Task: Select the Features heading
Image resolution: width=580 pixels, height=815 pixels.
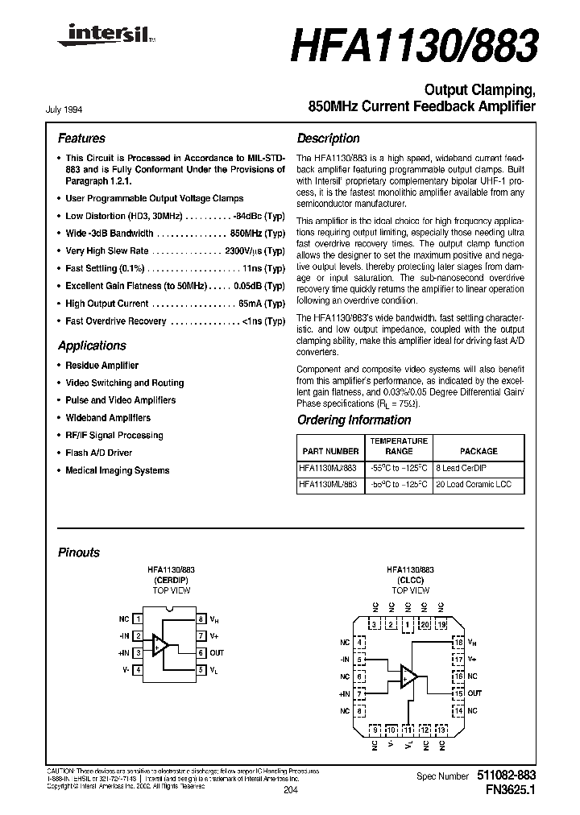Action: (x=81, y=139)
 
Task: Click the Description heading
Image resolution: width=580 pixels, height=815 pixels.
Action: (x=328, y=139)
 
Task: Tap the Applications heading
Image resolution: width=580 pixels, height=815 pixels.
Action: (x=92, y=345)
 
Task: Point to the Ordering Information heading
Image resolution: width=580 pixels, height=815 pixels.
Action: (x=354, y=420)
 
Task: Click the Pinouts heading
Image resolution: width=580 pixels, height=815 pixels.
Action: (x=79, y=552)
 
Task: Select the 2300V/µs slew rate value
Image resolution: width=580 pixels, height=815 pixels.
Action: (x=242, y=251)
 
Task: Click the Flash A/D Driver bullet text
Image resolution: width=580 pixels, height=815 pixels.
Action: (x=98, y=453)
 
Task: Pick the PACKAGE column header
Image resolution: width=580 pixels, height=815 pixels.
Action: (x=478, y=451)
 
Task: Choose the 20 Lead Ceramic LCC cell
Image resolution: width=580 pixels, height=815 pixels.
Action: (x=478, y=486)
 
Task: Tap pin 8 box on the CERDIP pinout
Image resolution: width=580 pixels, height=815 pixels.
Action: (x=201, y=619)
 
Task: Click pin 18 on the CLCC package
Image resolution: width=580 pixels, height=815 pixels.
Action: (x=458, y=642)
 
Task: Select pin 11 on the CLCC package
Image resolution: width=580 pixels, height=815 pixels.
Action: (x=408, y=730)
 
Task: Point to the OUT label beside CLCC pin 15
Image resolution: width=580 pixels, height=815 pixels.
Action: (x=475, y=693)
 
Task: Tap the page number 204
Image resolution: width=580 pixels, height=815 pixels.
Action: (x=291, y=791)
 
